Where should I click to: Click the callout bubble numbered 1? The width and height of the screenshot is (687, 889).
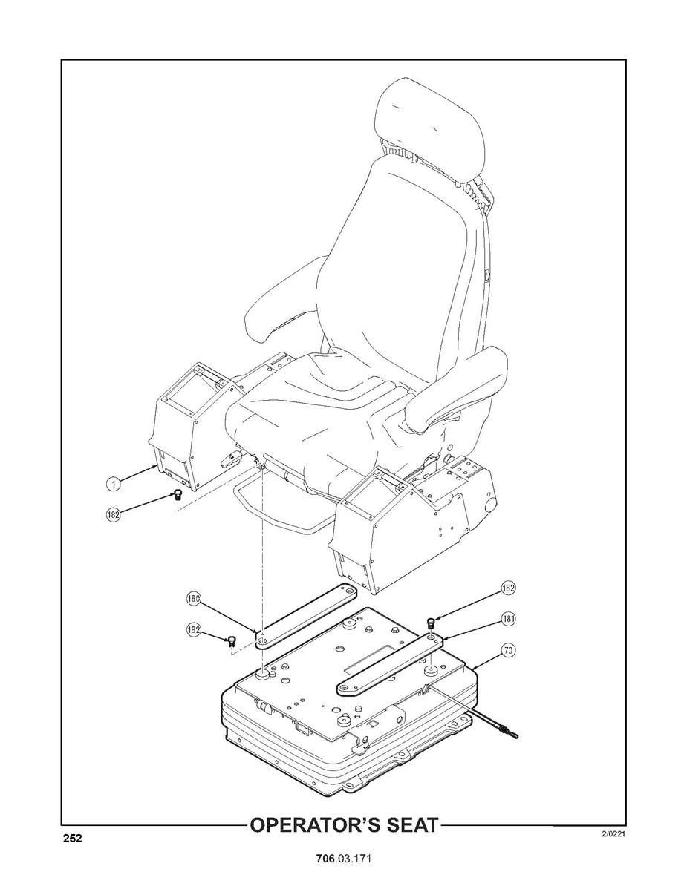(114, 483)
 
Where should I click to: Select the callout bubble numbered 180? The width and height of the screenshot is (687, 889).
(194, 598)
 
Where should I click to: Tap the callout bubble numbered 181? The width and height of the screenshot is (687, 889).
(508, 619)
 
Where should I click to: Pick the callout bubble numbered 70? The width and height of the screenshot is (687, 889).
(508, 650)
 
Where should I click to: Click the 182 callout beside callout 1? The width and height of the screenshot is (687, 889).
(114, 515)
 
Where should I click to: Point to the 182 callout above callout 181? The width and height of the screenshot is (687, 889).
(508, 588)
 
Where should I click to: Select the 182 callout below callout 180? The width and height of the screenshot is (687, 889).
(194, 629)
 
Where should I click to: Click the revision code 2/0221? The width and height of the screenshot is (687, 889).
(613, 833)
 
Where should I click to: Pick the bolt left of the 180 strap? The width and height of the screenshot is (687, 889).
(232, 643)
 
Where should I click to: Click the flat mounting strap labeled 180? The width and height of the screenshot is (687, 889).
(306, 617)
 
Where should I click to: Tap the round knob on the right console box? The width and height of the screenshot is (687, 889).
(489, 506)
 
